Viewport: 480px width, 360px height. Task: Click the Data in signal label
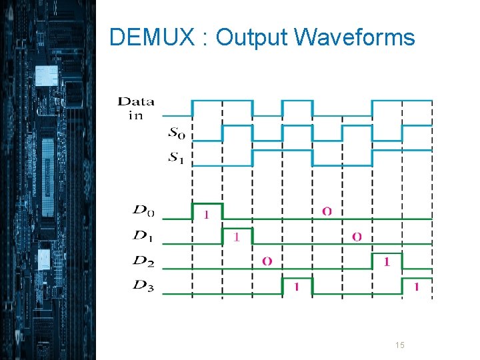[136, 108]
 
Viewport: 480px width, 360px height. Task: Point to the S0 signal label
[177, 133]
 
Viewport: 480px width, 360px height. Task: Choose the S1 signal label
[177, 158]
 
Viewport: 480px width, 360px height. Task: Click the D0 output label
[143, 211]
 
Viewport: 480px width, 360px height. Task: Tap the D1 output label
[143, 236]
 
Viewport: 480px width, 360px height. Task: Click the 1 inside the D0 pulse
[206, 215]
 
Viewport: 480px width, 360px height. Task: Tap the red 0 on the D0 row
[327, 211]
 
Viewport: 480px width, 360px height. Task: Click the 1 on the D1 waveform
[237, 237]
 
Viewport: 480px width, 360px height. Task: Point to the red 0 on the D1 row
[357, 237]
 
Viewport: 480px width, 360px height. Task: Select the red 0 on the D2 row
[267, 261]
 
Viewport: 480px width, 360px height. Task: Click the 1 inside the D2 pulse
[387, 262]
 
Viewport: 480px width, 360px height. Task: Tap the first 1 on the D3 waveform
[297, 287]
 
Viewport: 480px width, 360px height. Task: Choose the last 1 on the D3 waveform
[417, 287]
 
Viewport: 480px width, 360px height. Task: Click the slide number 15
[400, 345]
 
